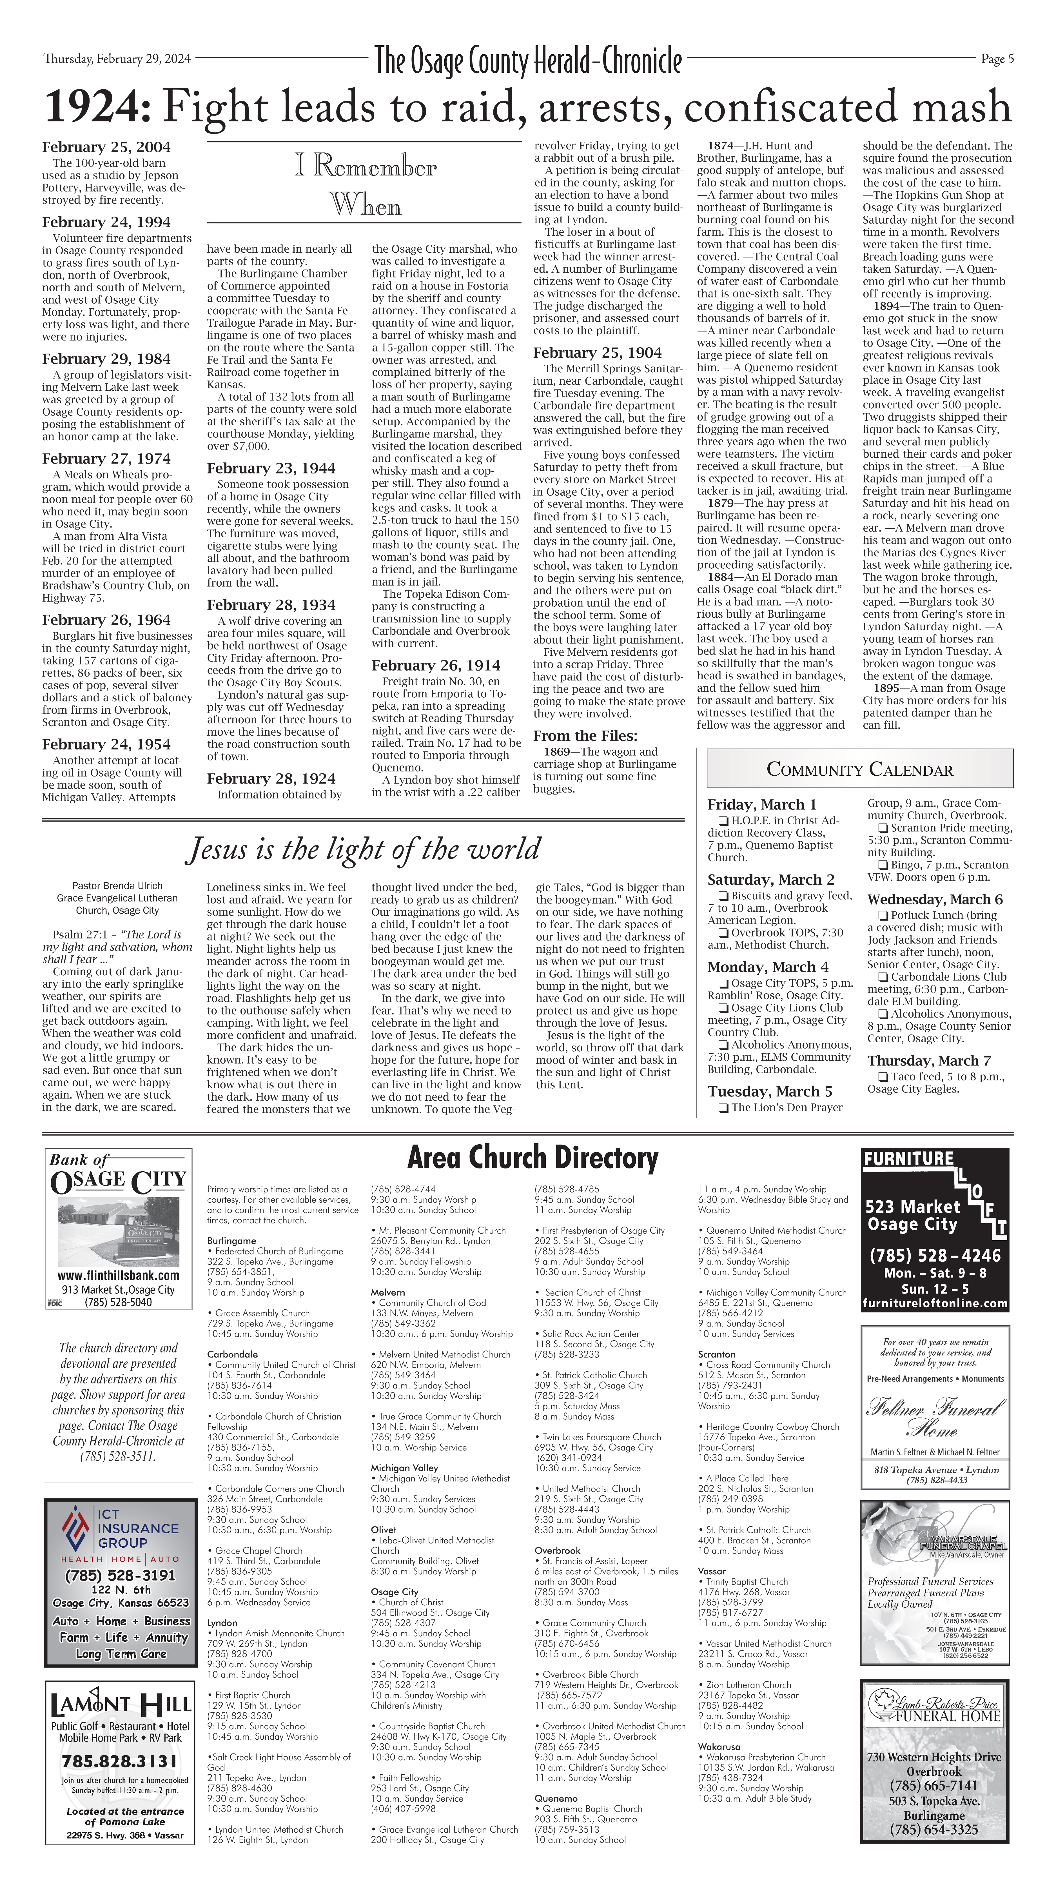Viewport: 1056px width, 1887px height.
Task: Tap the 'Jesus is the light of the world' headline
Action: [x=364, y=849]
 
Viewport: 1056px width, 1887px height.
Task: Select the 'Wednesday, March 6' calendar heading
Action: [x=934, y=900]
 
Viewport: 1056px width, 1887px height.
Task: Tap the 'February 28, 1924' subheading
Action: [x=271, y=779]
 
